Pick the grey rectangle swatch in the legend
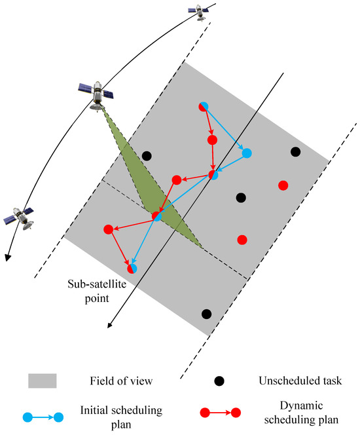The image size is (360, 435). (x=42, y=381)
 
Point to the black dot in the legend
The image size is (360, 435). (x=219, y=381)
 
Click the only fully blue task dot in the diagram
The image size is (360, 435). (x=247, y=153)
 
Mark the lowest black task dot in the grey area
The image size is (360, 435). (x=207, y=314)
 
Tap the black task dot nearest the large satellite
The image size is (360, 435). (x=147, y=156)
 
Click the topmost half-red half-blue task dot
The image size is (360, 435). (x=203, y=106)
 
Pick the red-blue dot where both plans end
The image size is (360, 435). (x=132, y=267)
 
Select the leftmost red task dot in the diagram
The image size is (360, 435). (x=108, y=229)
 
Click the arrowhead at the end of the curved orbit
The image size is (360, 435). (x=7, y=257)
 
